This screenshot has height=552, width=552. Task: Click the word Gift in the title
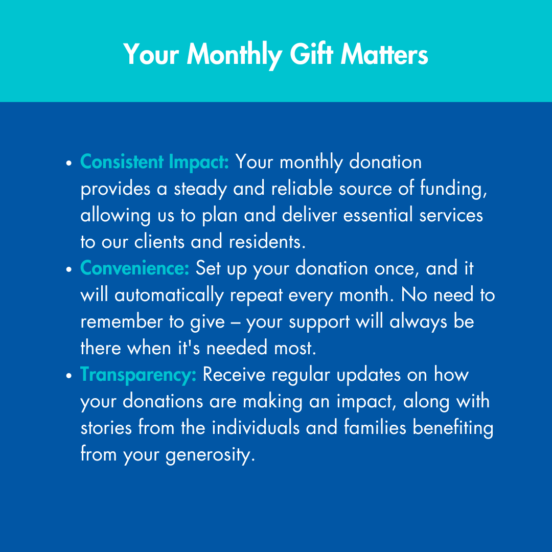(x=312, y=54)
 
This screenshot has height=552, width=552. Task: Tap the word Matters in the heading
(x=384, y=54)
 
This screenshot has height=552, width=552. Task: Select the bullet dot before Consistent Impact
(x=68, y=163)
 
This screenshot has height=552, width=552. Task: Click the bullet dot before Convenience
(x=68, y=269)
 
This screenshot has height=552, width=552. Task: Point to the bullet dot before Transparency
(x=68, y=376)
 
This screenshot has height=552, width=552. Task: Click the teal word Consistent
(x=122, y=162)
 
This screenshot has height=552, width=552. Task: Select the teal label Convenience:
(x=135, y=268)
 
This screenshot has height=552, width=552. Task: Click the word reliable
(x=302, y=188)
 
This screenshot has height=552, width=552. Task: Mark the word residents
(x=267, y=241)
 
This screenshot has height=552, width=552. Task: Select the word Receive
(x=234, y=374)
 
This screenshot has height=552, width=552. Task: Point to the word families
(x=375, y=427)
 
